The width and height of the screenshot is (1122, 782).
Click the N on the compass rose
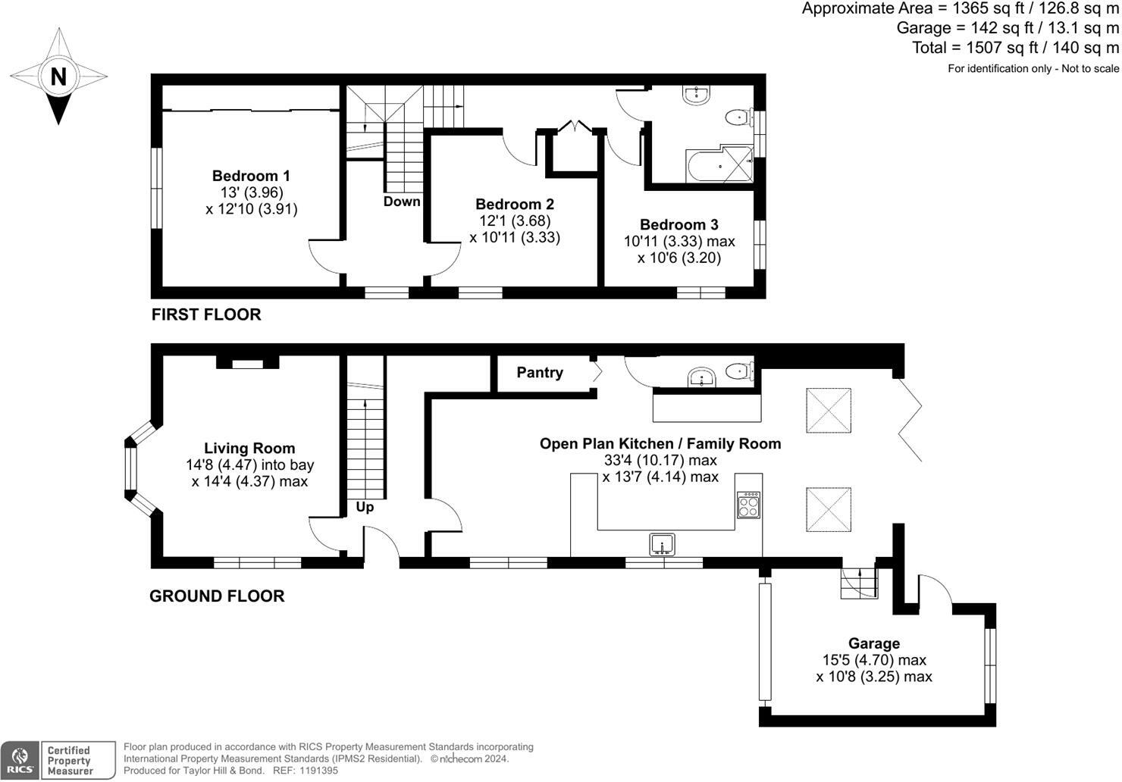click(58, 77)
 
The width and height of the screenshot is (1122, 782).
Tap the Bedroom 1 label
click(251, 176)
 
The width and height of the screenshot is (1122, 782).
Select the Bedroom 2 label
click(515, 205)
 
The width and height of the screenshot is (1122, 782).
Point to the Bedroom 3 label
click(679, 224)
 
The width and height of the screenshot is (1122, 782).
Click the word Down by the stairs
click(401, 202)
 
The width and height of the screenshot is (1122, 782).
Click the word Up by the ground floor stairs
click(365, 507)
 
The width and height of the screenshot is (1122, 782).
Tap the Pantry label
click(540, 373)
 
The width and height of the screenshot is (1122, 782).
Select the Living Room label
click(249, 448)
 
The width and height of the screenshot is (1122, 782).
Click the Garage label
click(874, 643)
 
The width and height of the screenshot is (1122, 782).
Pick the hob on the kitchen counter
click(748, 505)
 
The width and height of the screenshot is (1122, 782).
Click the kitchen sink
click(662, 545)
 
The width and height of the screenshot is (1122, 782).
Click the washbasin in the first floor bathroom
click(696, 95)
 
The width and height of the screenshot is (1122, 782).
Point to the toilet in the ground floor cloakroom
click(740, 372)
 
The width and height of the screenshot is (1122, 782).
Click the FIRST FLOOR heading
click(206, 314)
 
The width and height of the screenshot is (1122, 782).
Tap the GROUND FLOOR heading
click(217, 596)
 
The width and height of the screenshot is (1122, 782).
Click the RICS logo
click(20, 761)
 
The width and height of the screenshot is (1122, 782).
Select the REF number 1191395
click(318, 771)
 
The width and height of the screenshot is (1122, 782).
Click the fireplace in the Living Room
click(247, 362)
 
